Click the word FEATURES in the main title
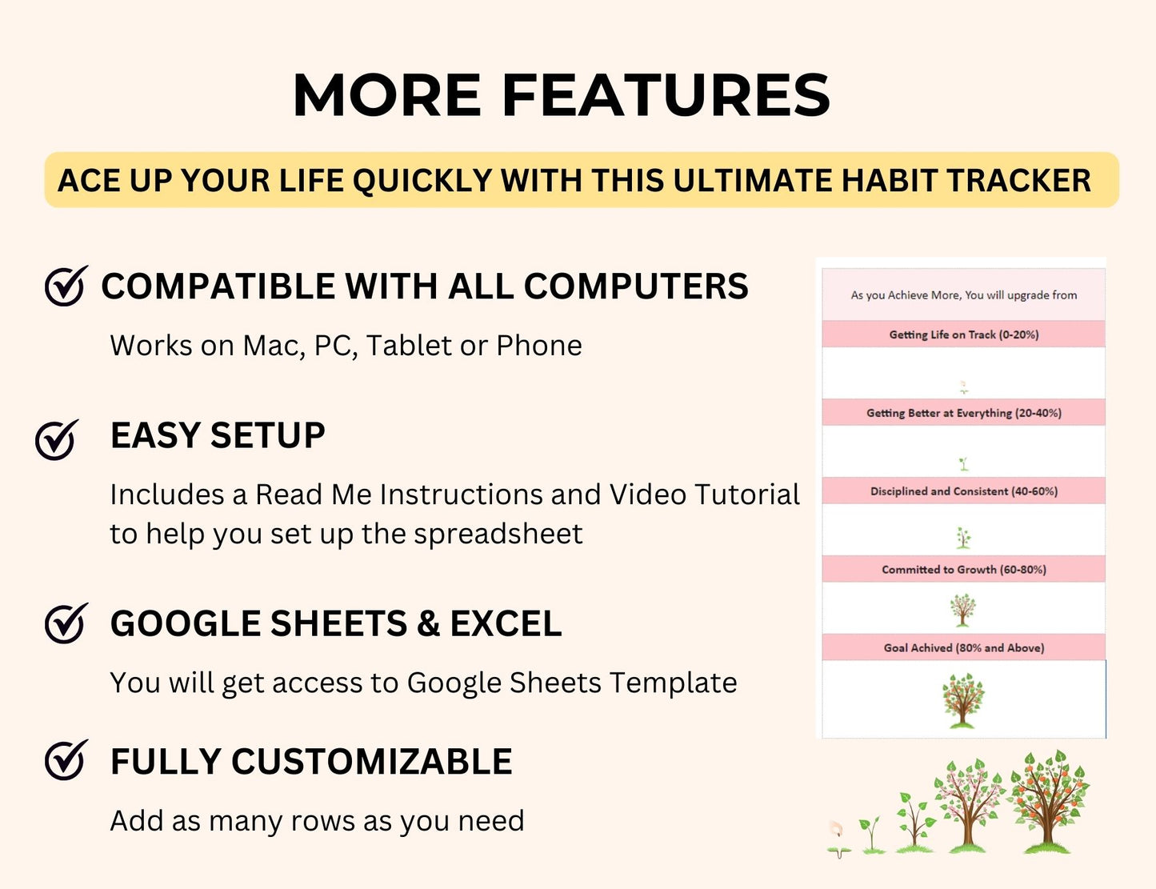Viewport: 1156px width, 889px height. [666, 95]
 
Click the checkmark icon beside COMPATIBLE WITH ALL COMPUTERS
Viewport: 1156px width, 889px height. [66, 286]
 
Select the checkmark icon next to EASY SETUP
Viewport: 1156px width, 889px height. [57, 438]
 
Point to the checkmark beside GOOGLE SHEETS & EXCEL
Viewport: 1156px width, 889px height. [66, 623]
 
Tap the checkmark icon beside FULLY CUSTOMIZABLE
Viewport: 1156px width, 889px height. [66, 760]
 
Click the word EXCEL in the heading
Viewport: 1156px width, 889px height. [506, 624]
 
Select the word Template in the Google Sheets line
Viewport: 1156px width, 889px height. [673, 683]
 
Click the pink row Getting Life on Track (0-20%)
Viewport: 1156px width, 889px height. [963, 334]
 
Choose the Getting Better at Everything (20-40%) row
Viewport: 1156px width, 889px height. [963, 413]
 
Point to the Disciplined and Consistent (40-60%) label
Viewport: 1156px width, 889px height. [963, 491]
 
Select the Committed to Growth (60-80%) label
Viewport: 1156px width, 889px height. [963, 570]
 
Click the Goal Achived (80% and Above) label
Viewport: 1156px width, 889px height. [963, 648]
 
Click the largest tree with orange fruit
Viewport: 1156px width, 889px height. [1048, 800]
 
